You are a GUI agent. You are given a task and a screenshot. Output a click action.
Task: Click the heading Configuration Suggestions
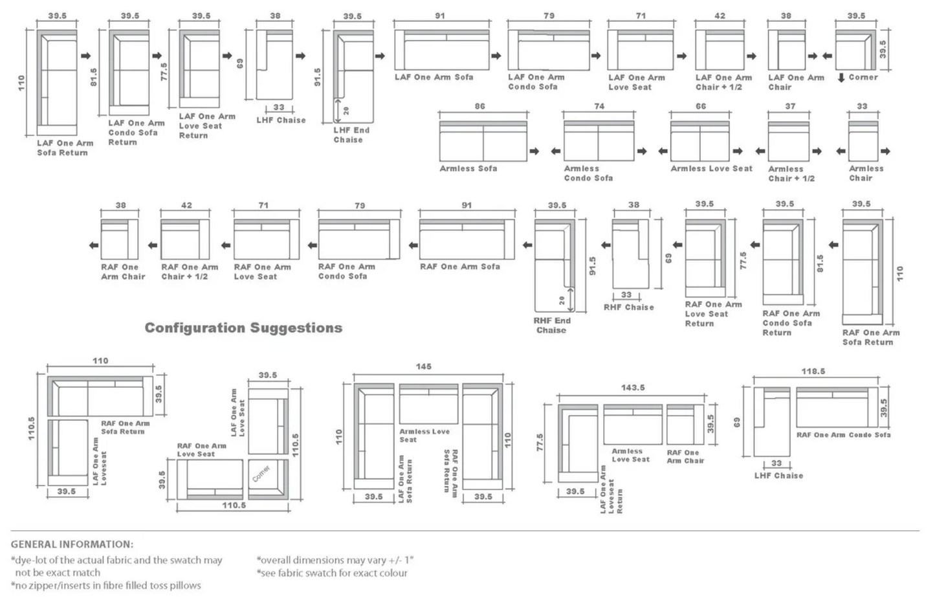coord(243,328)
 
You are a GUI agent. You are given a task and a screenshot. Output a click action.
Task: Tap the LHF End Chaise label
coord(351,135)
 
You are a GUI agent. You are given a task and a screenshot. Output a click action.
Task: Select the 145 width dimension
coord(423,366)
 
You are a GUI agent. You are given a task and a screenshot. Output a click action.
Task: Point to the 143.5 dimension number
coord(632,387)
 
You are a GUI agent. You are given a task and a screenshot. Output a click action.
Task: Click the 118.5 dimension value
coord(813,372)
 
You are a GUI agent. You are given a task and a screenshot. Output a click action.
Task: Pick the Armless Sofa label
coord(468,168)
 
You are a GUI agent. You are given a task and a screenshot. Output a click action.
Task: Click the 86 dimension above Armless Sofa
coord(479,106)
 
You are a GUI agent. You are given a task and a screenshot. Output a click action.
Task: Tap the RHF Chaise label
coord(628,308)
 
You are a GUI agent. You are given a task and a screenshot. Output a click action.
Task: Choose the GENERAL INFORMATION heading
coord(72,544)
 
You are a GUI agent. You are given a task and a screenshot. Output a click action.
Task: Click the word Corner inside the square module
coord(261,473)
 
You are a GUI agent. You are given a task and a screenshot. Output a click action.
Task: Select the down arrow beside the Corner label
coord(841,78)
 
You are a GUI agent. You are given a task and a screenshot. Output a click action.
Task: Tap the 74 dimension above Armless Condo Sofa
coord(599,106)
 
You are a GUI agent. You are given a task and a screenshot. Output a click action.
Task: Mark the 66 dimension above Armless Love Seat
coord(701,106)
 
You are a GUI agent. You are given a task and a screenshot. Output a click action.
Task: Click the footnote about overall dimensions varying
coord(335,561)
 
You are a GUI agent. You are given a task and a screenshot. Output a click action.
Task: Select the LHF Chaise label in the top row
coord(281,120)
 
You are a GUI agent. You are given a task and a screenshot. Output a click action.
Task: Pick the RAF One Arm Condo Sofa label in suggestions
coord(843,435)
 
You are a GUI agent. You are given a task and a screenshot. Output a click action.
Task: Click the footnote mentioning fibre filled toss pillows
coord(106,586)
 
